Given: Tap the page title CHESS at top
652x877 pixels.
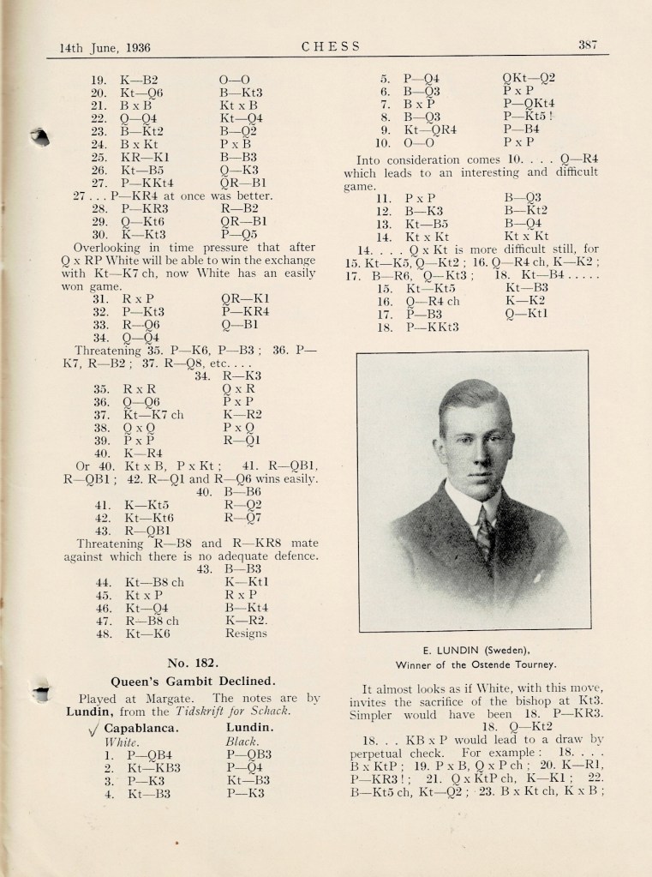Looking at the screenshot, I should pos(331,47).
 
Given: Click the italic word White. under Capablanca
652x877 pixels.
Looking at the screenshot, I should pos(120,742).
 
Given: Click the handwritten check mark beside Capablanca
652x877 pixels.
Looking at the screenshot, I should pos(92,730).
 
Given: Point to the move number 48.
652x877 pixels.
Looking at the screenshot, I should pos(103,634).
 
